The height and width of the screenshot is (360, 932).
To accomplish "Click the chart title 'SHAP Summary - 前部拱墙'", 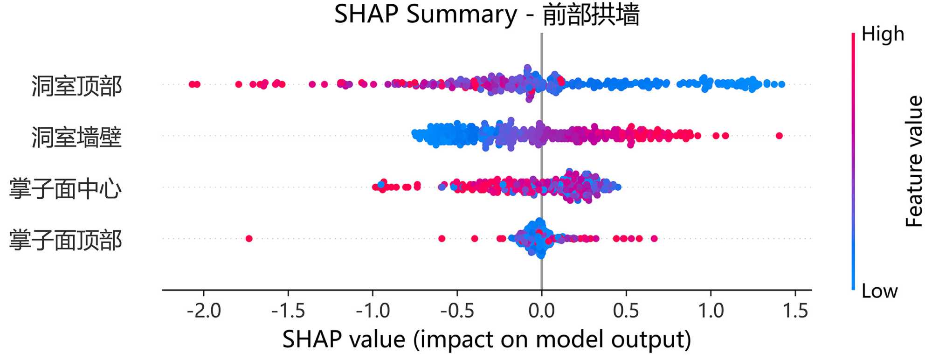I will [486, 14].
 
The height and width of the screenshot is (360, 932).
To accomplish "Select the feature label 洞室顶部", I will [77, 86].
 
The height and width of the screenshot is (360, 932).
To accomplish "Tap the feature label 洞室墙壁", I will [77, 137].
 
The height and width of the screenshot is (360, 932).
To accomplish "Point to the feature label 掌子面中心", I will [65, 188].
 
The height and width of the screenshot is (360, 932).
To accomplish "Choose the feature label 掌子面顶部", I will [65, 240].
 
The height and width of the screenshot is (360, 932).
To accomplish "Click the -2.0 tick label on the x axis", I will [204, 311].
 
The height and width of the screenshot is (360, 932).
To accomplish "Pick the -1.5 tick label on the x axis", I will [288, 311].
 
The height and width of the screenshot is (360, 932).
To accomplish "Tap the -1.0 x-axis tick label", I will [373, 311].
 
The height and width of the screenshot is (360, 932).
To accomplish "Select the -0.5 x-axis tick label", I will [457, 311].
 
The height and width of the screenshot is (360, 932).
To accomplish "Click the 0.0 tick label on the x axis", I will [541, 311].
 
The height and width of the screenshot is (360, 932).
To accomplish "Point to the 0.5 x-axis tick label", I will [626, 311].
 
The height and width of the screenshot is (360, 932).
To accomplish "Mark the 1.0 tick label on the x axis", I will [711, 311].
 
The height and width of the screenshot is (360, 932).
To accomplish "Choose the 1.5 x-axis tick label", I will [795, 311].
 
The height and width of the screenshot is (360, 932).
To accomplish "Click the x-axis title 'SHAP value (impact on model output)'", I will [486, 339].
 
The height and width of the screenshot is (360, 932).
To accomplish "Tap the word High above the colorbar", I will [883, 34].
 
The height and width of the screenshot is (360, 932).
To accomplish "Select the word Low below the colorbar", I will [879, 291].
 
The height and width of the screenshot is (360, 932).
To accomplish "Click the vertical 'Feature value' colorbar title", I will [914, 161].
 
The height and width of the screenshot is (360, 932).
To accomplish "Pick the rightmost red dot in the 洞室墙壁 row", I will [779, 136].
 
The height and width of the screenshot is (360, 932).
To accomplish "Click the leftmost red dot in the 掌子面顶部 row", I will [249, 238].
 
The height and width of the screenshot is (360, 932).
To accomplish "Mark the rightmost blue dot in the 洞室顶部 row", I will [781, 84].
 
